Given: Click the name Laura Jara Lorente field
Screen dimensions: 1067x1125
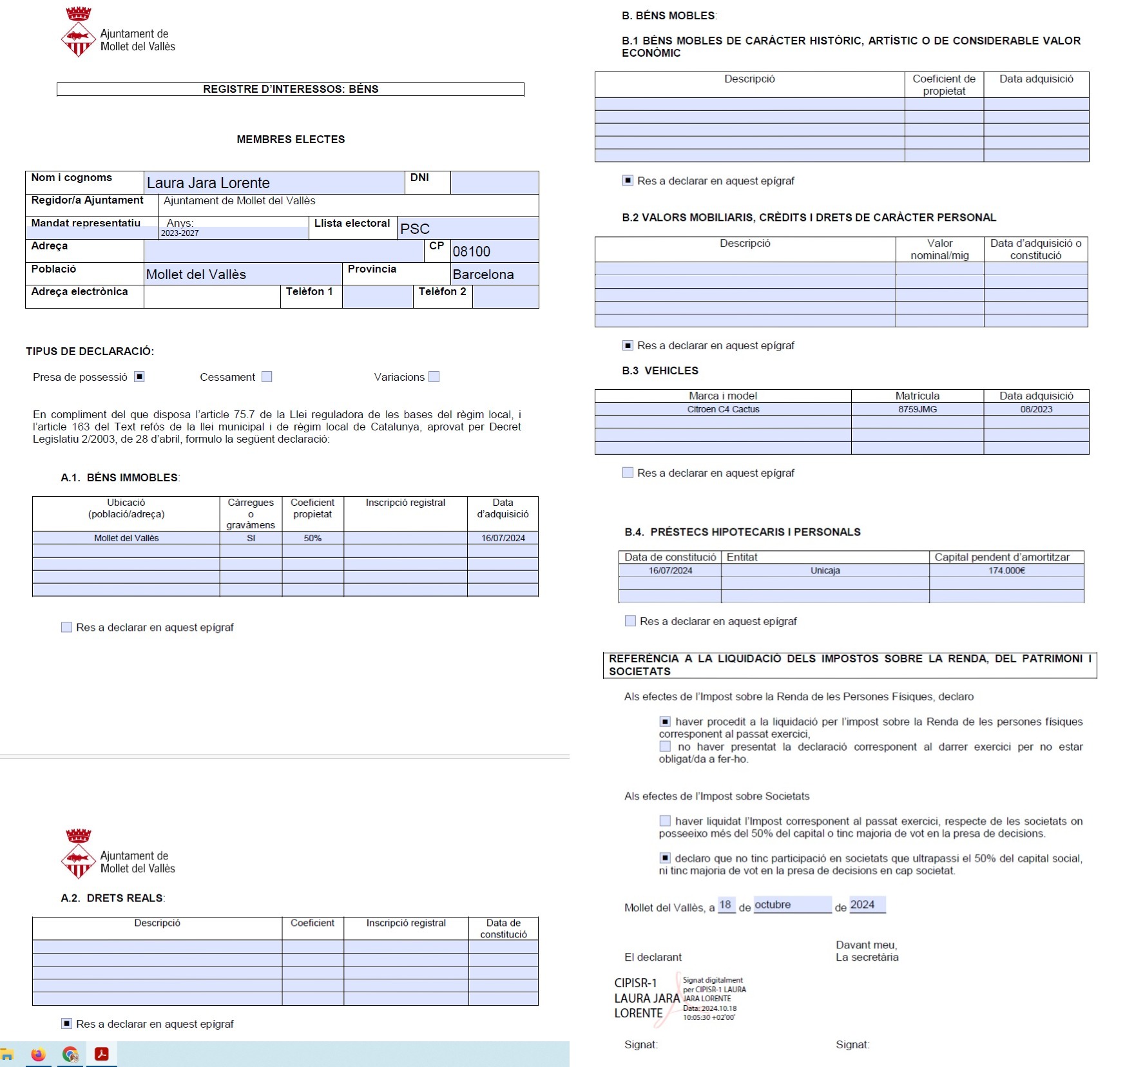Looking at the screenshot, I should tap(274, 183).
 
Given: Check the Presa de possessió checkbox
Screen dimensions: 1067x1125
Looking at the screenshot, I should tap(139, 377).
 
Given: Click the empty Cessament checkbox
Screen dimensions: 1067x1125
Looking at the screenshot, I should tap(267, 377).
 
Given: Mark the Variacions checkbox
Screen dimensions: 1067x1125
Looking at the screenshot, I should tap(434, 377).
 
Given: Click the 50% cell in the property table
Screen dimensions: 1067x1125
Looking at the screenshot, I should tap(312, 538).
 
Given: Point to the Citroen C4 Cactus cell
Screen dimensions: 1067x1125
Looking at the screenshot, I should tap(723, 409).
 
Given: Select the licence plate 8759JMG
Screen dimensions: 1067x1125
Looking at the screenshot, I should tap(918, 409).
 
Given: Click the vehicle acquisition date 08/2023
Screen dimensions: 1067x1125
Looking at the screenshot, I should tap(1036, 409).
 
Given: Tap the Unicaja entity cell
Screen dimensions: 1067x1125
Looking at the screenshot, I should tap(825, 570).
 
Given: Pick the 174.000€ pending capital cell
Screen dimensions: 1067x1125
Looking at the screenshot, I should tap(1006, 570).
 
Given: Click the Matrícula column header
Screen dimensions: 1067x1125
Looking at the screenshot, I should tap(918, 396).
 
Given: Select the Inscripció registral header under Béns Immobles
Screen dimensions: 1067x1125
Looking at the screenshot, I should tap(405, 503).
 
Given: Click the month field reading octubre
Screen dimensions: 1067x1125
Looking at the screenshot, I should tap(793, 905).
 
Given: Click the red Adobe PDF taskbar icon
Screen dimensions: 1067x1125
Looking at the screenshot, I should tap(101, 1054).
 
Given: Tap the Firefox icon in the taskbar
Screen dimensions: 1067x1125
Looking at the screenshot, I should tap(39, 1054).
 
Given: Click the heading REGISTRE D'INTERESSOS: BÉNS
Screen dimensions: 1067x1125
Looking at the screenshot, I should tap(291, 90).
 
